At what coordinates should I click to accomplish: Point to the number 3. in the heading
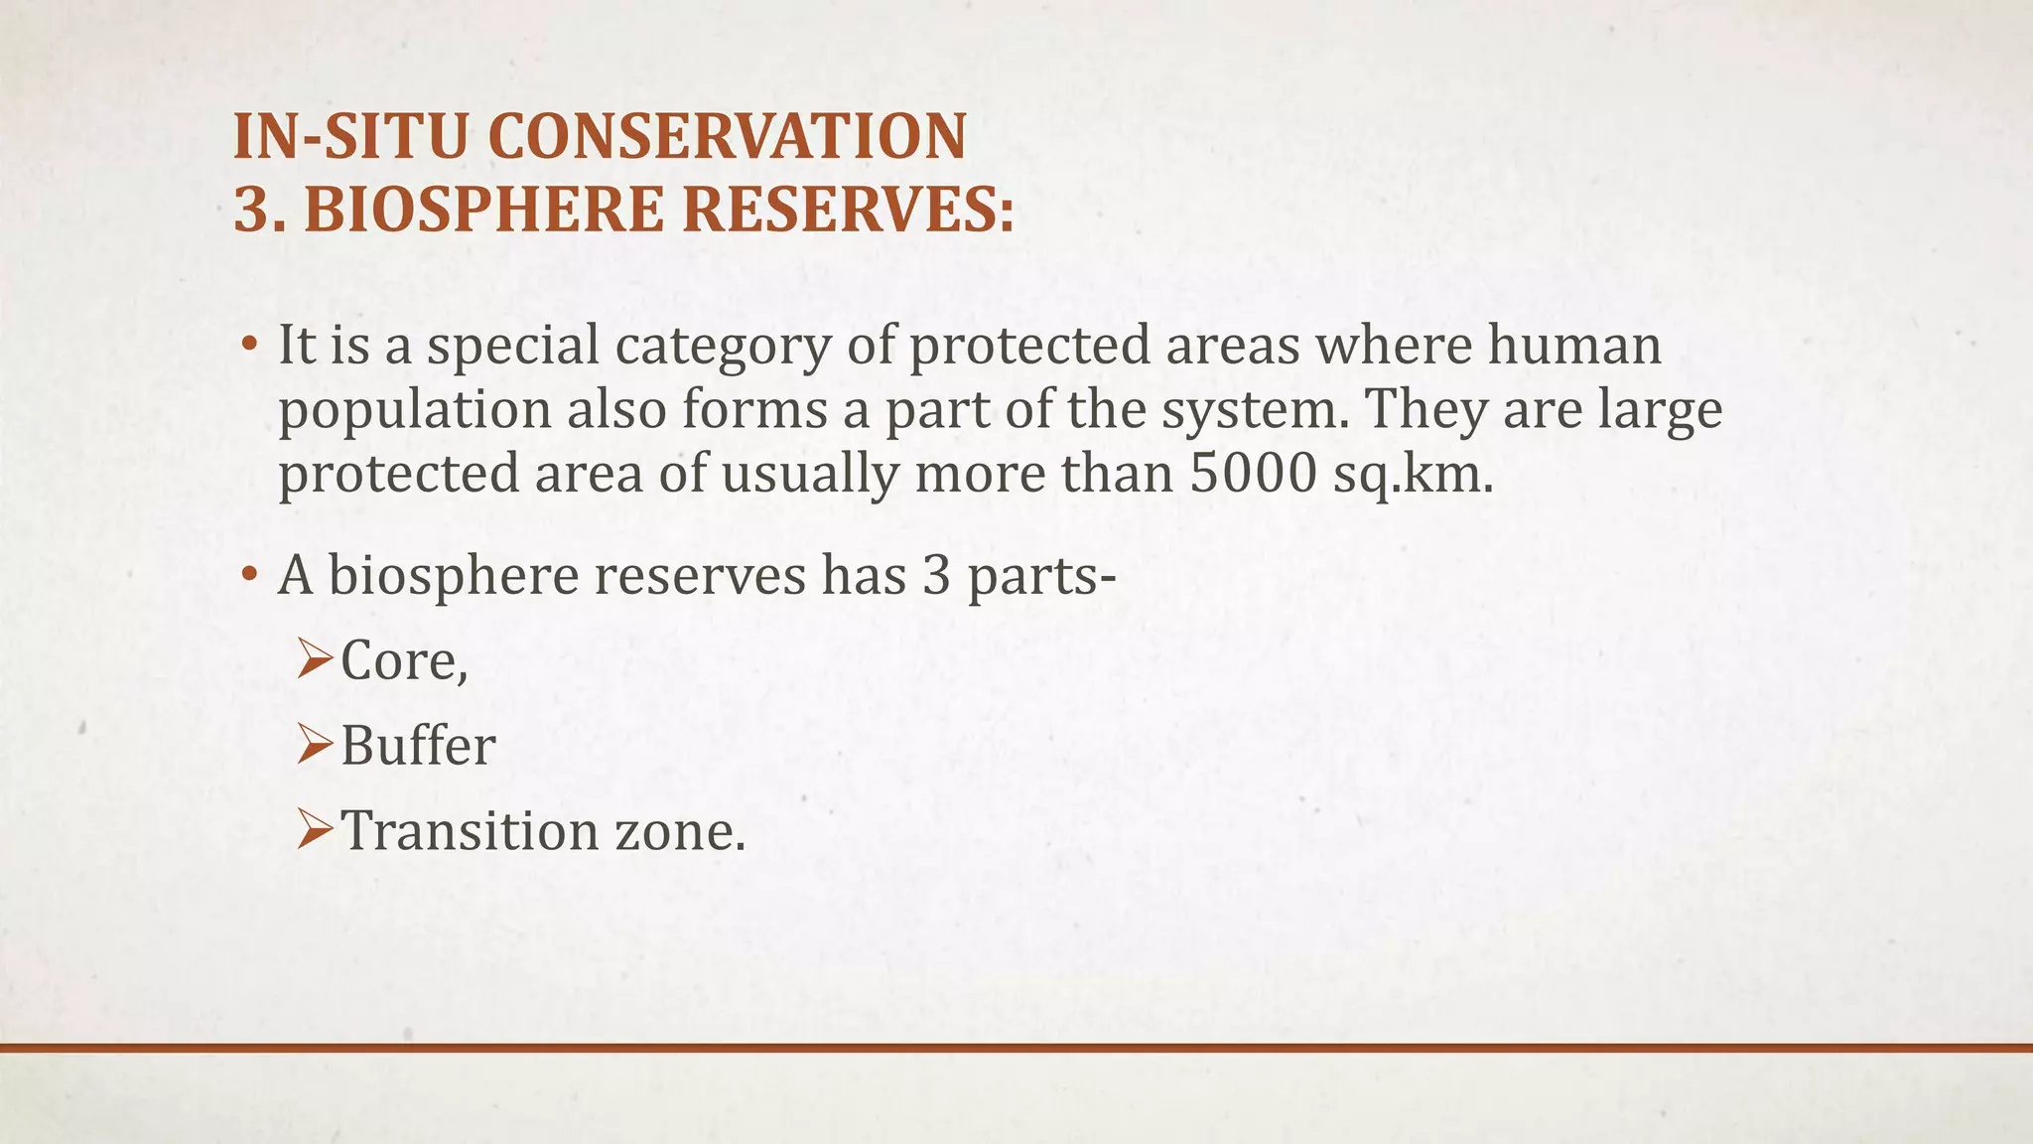260,210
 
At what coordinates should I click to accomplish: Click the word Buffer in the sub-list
418,746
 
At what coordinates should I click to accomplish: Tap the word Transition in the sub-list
471,830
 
